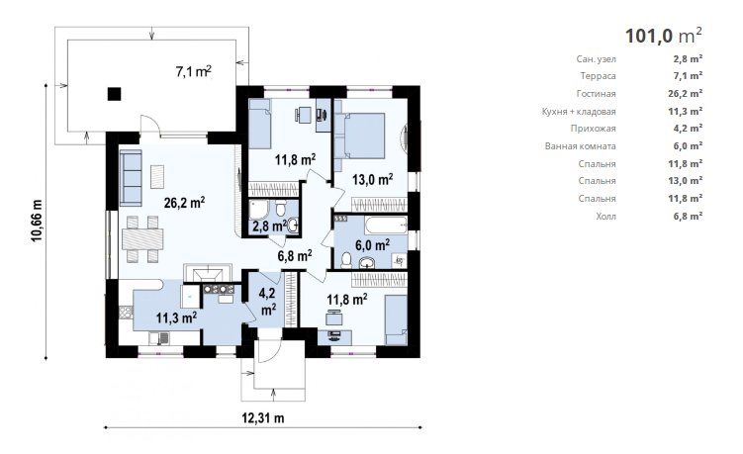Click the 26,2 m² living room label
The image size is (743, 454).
point(184,203)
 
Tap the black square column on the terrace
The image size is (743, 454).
point(114,94)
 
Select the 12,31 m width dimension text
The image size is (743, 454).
point(263,418)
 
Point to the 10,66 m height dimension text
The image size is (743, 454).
point(37,221)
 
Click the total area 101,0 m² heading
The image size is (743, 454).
point(664,36)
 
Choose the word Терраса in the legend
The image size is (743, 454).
point(598,76)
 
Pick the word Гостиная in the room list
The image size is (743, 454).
point(597,94)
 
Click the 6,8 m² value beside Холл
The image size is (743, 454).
point(688,216)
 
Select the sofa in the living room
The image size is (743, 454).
point(131,178)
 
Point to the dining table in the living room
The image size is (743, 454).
point(142,238)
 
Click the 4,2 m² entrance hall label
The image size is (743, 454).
point(268,302)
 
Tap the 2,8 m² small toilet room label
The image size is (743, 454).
point(270,227)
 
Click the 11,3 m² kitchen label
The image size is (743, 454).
point(177,318)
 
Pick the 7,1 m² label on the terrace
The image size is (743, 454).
point(193,71)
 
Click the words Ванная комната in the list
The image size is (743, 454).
point(581,146)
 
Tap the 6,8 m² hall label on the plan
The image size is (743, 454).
point(295,256)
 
